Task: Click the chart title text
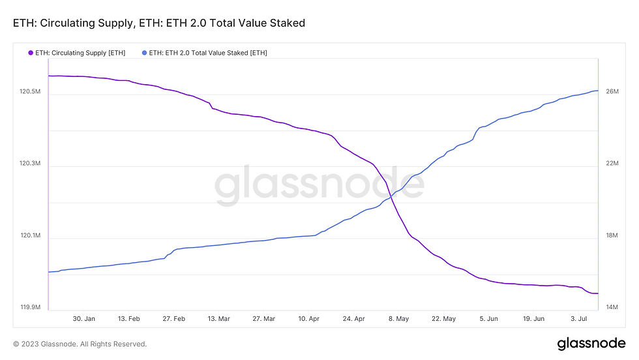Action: [159, 23]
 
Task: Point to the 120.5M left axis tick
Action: [31, 92]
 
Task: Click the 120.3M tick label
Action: [31, 164]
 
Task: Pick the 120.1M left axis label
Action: [31, 235]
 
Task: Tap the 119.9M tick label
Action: [31, 307]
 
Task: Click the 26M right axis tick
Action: [612, 92]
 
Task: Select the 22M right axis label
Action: [612, 164]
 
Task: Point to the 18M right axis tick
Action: [612, 235]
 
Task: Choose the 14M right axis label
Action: [612, 307]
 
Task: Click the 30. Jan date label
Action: [84, 319]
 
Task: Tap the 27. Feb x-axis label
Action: [174, 319]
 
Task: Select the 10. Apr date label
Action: [309, 319]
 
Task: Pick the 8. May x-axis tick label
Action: [398, 319]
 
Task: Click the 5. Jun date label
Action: [488, 319]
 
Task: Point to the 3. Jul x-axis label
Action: [579, 319]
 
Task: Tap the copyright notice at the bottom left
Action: [80, 344]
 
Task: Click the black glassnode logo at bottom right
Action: [591, 344]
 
